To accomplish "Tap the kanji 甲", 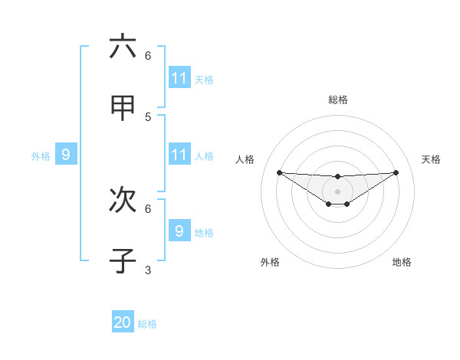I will pyautogui.click(x=123, y=108).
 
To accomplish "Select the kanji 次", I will pyautogui.click(x=123, y=200).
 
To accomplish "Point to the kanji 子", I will pyautogui.click(x=123, y=260).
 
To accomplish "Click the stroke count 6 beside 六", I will pyautogui.click(x=148, y=56).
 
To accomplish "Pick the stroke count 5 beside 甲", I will pyautogui.click(x=148, y=117).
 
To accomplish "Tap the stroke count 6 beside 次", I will pyautogui.click(x=148, y=208).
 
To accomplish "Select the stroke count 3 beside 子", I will pyautogui.click(x=148, y=270).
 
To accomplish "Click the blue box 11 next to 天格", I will pyautogui.click(x=179, y=78).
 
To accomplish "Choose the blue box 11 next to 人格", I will pyautogui.click(x=179, y=155).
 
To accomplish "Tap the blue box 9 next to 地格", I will pyautogui.click(x=179, y=231).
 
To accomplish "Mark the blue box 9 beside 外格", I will pyautogui.click(x=66, y=155).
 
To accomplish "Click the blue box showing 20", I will pyautogui.click(x=123, y=322).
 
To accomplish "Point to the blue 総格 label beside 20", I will pyautogui.click(x=147, y=324).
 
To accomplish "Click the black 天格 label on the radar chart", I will pyautogui.click(x=431, y=159).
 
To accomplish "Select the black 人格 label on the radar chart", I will pyautogui.click(x=245, y=159).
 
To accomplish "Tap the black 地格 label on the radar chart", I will pyautogui.click(x=402, y=262).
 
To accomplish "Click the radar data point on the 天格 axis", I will pyautogui.click(x=396, y=172).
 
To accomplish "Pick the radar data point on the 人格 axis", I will pyautogui.click(x=279, y=172).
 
